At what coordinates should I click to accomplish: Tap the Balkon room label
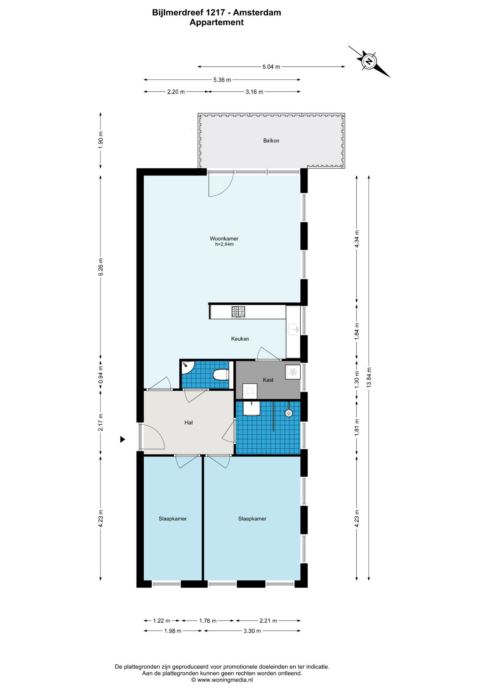pyautogui.click(x=271, y=141)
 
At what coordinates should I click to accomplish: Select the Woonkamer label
pyautogui.click(x=224, y=239)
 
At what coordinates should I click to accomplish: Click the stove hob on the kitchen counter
pyautogui.click(x=238, y=312)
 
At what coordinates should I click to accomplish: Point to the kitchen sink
pyautogui.click(x=292, y=329)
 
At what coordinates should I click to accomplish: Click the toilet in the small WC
pyautogui.click(x=221, y=375)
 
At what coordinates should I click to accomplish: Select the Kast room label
pyautogui.click(x=268, y=380)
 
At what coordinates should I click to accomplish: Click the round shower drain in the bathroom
pyautogui.click(x=288, y=413)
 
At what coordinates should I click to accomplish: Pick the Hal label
pyautogui.click(x=188, y=423)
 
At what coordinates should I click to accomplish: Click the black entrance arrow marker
pyautogui.click(x=122, y=439)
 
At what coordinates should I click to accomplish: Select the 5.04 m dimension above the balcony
pyautogui.click(x=271, y=67)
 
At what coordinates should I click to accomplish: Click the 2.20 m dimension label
pyautogui.click(x=176, y=92)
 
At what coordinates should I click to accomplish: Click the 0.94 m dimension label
pyautogui.click(x=101, y=375)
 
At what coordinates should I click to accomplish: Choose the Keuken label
pyautogui.click(x=240, y=339)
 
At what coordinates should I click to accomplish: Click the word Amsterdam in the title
pyautogui.click(x=257, y=13)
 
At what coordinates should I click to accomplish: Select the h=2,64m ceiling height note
pyautogui.click(x=224, y=244)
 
